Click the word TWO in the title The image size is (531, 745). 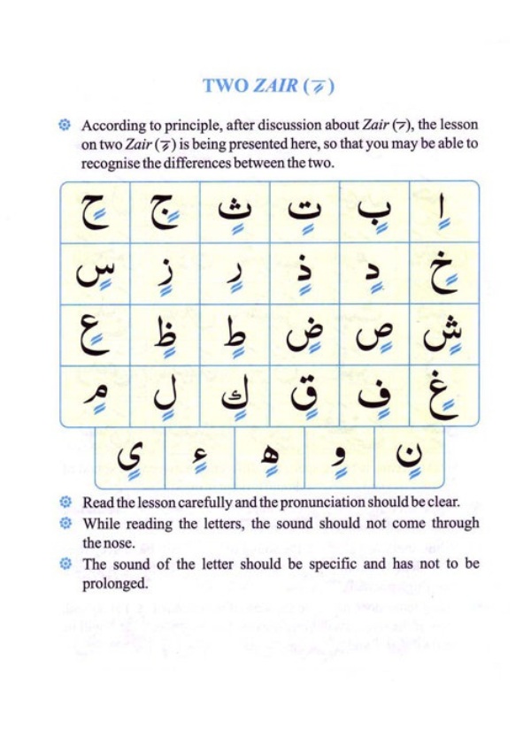coord(225,87)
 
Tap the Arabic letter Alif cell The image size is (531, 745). coord(443,212)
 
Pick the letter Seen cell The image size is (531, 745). coord(95,274)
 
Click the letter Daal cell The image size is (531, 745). coord(373,274)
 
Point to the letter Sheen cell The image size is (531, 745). coord(443,334)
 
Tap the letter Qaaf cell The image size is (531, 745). coord(304,395)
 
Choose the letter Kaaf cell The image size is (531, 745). coord(235,395)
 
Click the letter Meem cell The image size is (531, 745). coord(95,395)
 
